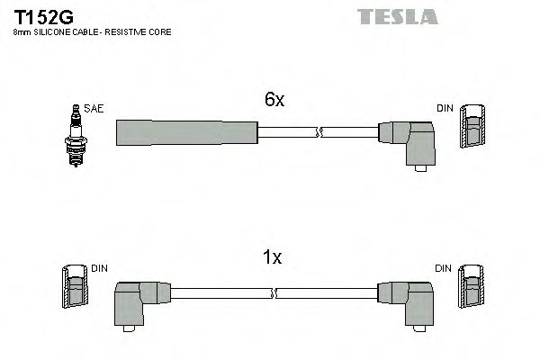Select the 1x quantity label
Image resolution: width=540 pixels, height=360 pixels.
tap(272, 258)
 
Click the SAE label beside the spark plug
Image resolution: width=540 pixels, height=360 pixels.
tap(94, 108)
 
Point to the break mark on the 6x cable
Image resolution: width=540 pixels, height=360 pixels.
tap(317, 133)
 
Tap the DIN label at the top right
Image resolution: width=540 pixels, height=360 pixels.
tap(445, 108)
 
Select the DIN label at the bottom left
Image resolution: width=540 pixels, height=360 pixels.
tap(99, 268)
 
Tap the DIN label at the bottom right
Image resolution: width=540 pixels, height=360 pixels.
tap(445, 268)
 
